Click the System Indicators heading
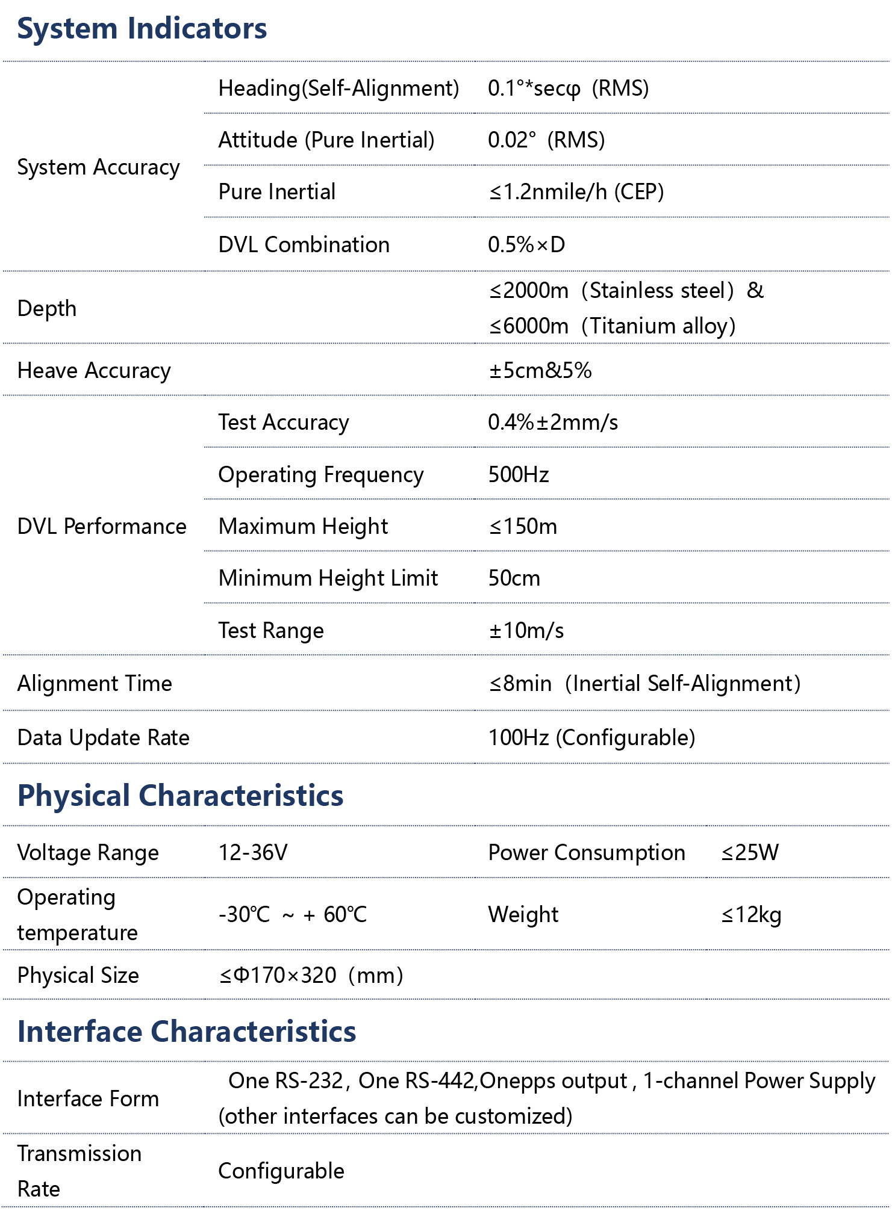pos(142,29)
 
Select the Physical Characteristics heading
pos(180,796)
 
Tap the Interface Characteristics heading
pos(187,1032)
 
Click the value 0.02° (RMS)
pos(546,140)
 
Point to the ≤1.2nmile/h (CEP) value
pos(576,192)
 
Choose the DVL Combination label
pos(304,245)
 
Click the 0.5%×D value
pos(526,245)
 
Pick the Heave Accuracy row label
pos(94,371)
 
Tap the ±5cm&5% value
pos(540,371)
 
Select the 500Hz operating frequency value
pos(518,475)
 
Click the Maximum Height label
pos(303,527)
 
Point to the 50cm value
pos(514,578)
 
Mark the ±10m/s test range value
pos(526,631)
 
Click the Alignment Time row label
pos(95,684)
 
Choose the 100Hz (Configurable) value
pos(591,738)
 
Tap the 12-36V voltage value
pos(253,853)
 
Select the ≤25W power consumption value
pos(750,853)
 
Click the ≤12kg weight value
pos(751,915)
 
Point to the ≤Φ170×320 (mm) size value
pos(311,976)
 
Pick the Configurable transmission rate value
pos(281,1171)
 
